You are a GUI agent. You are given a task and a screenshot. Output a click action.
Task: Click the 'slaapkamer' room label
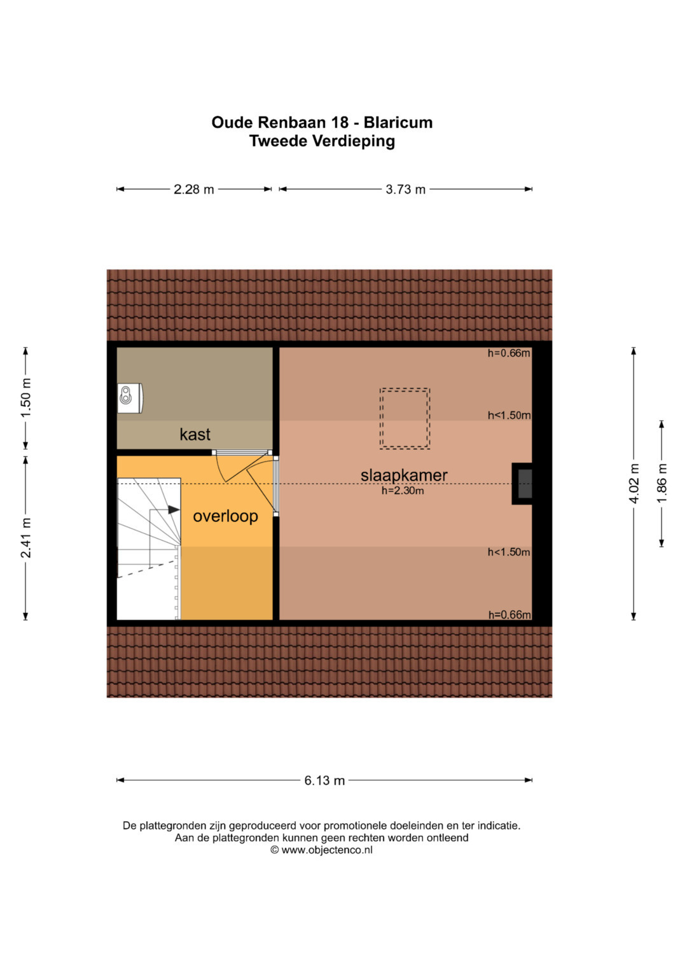click(404, 475)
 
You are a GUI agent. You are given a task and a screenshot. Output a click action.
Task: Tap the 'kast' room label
click(195, 434)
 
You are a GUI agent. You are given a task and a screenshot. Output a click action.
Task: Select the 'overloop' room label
click(226, 516)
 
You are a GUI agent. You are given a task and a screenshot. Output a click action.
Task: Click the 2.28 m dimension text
click(194, 189)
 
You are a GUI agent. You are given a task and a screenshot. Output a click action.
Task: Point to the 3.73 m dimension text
click(406, 189)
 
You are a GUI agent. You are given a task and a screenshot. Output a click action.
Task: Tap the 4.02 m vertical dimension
click(634, 483)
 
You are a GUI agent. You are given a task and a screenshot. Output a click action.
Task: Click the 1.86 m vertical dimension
click(662, 483)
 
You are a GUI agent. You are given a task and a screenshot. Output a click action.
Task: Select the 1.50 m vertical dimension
click(26, 398)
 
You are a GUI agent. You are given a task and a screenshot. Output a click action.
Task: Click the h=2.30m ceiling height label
click(403, 491)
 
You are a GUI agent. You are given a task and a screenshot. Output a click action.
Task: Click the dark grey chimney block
click(525, 484)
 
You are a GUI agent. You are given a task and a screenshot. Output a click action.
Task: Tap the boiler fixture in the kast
click(130, 398)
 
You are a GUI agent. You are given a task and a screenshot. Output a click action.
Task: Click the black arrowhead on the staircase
click(174, 509)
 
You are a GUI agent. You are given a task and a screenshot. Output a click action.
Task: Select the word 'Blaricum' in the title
click(398, 123)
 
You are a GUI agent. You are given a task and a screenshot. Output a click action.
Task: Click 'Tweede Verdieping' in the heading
click(323, 141)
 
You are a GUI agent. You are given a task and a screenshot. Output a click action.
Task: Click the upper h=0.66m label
click(509, 353)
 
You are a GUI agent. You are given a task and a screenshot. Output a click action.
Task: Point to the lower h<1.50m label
click(509, 553)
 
